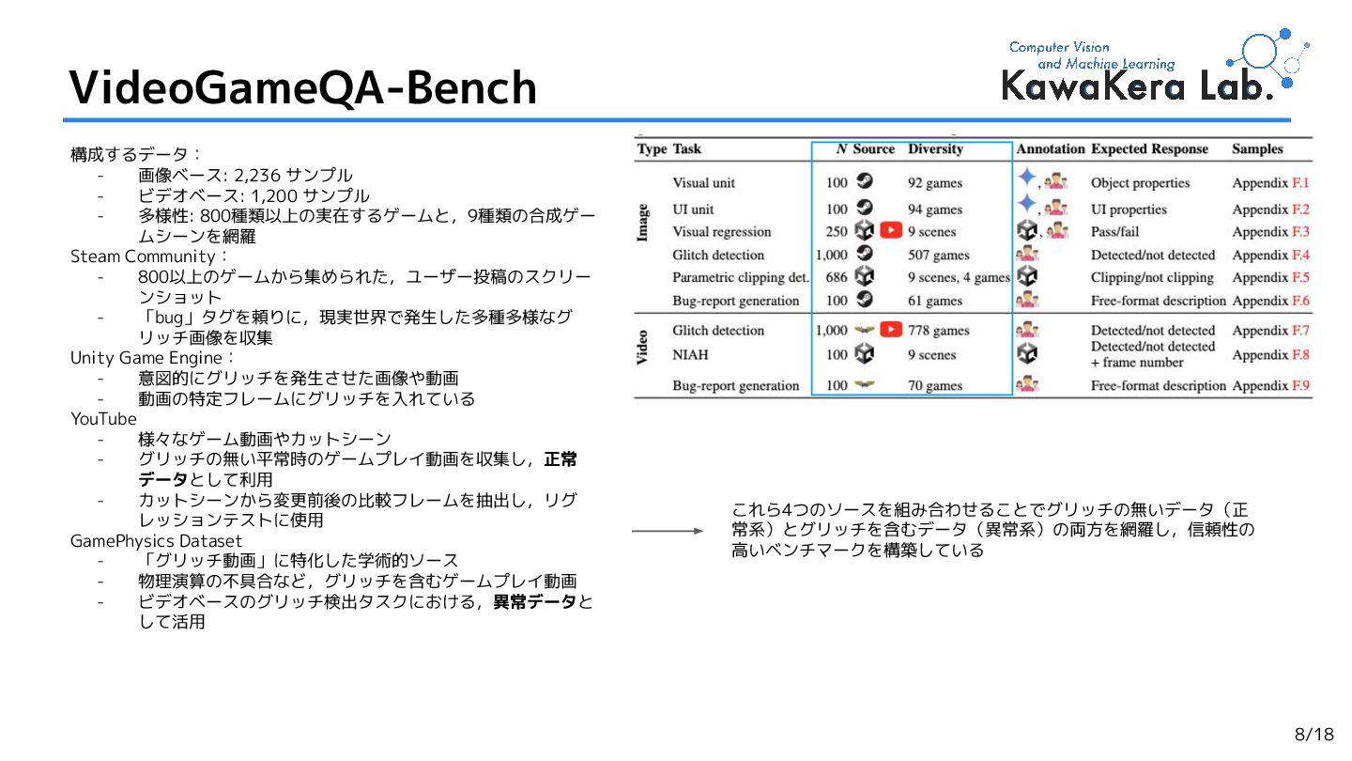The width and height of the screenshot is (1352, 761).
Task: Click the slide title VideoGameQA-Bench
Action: coord(302,88)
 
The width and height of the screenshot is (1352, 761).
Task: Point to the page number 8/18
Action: coord(1314,734)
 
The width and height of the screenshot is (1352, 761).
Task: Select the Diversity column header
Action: coord(935,149)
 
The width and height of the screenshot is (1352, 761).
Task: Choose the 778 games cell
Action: coord(938,330)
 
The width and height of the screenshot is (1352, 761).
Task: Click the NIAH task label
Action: coord(690,355)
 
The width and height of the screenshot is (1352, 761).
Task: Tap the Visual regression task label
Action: coord(721,232)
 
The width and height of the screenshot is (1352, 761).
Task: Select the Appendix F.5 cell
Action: coord(1270,278)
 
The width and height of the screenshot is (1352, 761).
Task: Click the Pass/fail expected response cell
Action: coord(1114,232)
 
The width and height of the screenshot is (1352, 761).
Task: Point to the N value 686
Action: coord(836,278)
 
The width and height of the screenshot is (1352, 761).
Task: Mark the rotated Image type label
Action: coord(644,223)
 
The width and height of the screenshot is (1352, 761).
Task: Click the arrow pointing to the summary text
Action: coord(668,531)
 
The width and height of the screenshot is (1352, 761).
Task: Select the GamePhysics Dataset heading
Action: coord(156,541)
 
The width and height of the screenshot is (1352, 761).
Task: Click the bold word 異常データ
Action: coord(534,601)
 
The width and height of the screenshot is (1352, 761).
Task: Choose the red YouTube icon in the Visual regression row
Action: coord(891,231)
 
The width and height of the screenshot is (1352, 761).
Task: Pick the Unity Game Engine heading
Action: coord(151,358)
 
